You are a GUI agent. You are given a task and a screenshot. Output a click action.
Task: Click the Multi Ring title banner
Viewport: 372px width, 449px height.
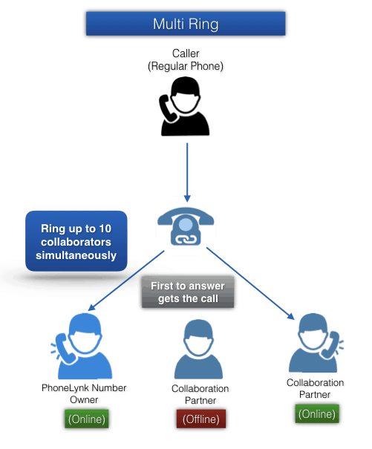(x=186, y=24)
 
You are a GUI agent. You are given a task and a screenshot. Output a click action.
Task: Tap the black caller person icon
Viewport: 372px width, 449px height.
(x=185, y=106)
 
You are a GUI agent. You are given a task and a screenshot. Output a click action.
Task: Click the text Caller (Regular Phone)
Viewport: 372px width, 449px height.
(x=186, y=59)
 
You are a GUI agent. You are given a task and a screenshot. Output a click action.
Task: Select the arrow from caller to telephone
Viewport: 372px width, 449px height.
(x=187, y=172)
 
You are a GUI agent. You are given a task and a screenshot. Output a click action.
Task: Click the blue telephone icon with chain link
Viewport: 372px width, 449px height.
(x=186, y=226)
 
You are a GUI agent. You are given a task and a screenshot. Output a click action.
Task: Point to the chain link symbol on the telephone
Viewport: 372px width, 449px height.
(x=186, y=239)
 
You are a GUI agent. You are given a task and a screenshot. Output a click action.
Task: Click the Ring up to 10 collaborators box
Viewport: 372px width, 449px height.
(x=76, y=241)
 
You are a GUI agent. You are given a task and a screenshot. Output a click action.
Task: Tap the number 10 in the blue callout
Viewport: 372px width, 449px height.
(x=105, y=229)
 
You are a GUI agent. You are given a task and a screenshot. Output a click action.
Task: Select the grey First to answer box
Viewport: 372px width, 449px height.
(x=188, y=292)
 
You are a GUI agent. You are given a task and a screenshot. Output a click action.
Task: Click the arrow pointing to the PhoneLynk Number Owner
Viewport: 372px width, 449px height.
(x=126, y=281)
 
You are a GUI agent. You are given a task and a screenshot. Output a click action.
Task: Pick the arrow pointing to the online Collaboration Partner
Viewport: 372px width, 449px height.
(x=250, y=284)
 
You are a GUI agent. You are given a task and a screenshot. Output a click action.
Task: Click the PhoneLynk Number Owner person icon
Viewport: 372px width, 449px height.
(x=82, y=346)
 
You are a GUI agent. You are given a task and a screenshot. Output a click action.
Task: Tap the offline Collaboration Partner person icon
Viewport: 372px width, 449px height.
(x=198, y=349)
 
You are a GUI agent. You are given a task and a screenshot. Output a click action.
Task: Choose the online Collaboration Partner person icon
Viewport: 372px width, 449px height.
(x=316, y=343)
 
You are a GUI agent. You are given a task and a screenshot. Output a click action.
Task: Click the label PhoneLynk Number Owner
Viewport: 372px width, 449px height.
(x=84, y=394)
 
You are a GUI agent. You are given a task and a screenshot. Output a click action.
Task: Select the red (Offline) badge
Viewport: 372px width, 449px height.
(x=201, y=419)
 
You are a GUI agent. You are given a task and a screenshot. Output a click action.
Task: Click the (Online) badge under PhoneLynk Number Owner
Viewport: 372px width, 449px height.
(x=87, y=419)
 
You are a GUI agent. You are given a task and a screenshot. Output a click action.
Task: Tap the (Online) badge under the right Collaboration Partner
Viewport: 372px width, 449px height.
(x=317, y=414)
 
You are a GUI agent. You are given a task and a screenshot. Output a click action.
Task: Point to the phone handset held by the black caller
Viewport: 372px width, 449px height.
(x=167, y=109)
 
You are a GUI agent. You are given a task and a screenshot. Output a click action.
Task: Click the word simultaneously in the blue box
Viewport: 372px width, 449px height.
(x=76, y=255)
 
